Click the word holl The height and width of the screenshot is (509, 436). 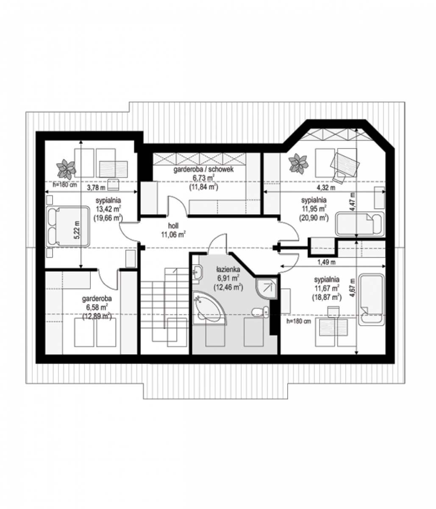point(173,225)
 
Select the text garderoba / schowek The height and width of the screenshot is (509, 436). point(203,169)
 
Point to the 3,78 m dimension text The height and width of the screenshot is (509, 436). point(96,187)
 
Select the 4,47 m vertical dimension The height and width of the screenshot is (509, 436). point(353,201)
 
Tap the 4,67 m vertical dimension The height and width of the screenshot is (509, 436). point(353,288)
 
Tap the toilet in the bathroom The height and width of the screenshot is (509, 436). point(260,312)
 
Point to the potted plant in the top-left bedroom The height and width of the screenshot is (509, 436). point(66,169)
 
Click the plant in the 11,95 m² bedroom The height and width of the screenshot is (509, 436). point(298,163)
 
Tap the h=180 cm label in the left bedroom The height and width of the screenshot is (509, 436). point(65,185)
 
